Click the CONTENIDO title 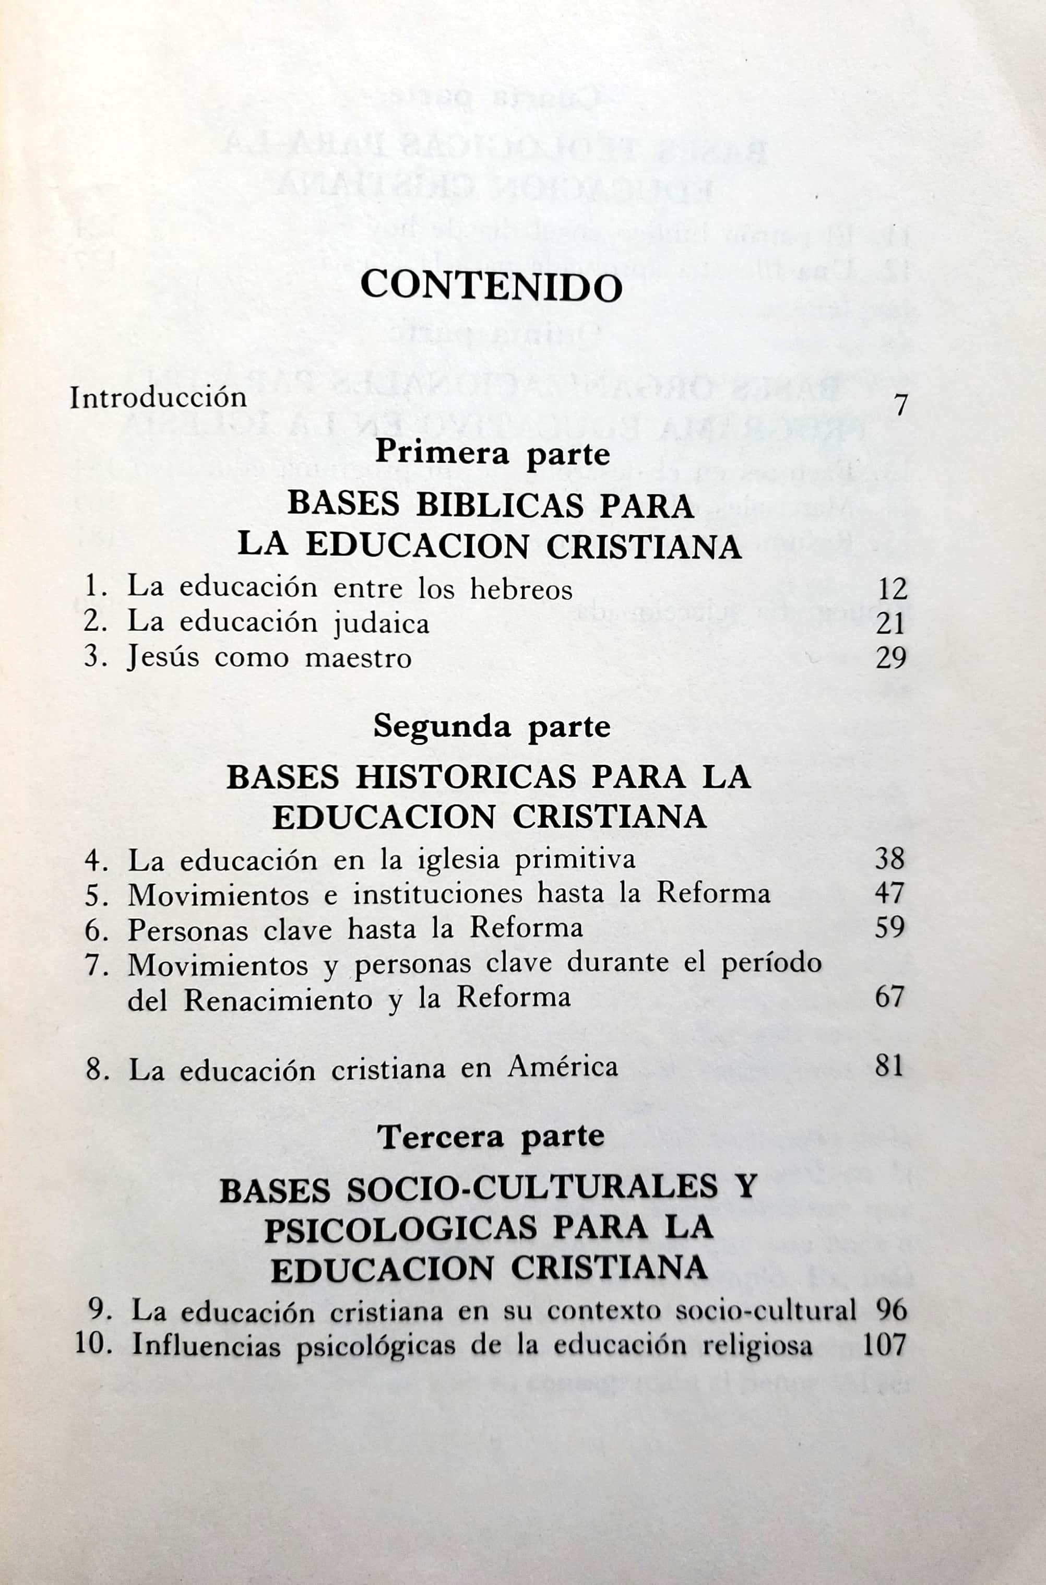pos(491,287)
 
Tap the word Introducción pos(158,398)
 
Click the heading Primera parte pos(492,454)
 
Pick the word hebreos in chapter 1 pos(521,589)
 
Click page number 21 pos(891,624)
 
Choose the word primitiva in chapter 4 pos(575,859)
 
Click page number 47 pos(890,894)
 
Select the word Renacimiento pos(278,1000)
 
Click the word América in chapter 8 pos(562,1067)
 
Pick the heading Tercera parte pos(491,1137)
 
